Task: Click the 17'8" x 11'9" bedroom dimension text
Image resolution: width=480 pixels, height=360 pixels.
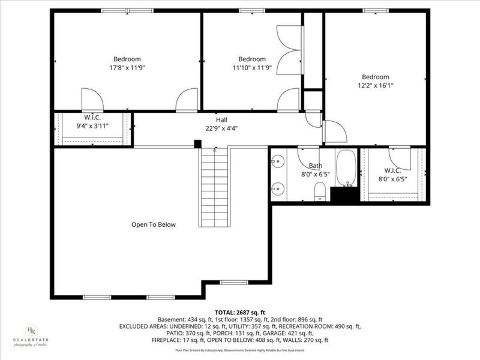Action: coord(127,68)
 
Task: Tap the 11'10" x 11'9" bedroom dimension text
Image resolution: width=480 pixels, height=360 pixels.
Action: coord(252,68)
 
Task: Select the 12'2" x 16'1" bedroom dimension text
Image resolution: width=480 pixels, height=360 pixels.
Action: coord(375,86)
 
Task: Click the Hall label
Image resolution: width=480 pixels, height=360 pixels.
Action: coord(221,119)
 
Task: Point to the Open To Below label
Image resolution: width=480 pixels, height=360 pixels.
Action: coord(154,224)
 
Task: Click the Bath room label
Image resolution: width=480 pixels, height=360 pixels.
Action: coord(315,166)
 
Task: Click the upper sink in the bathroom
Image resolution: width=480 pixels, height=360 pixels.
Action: coord(277,161)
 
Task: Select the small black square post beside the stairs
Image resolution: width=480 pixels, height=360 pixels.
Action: coord(197,143)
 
